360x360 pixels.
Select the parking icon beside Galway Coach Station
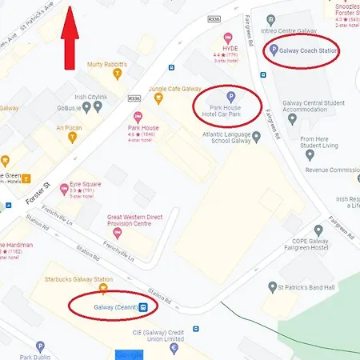(273, 50)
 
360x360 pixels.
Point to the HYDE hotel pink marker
(229, 37)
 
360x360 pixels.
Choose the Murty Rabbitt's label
(108, 64)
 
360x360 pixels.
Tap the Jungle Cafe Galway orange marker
(158, 99)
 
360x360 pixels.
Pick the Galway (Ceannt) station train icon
(143, 306)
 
